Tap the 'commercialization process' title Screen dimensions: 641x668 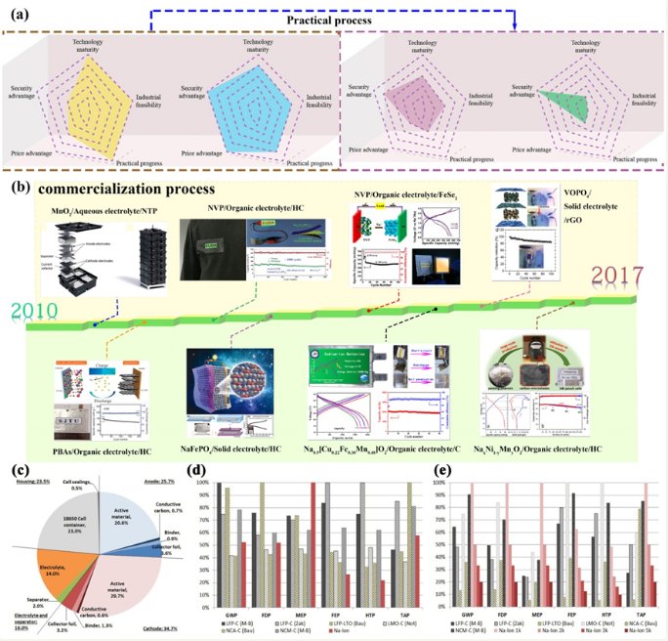(124, 187)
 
